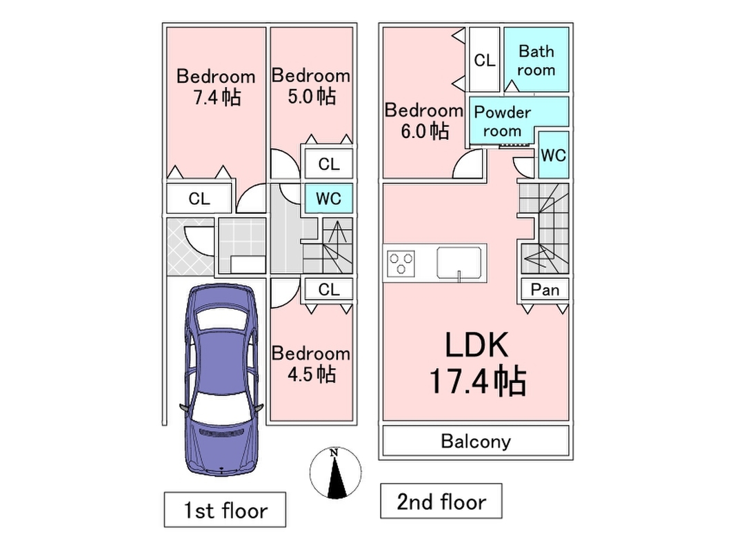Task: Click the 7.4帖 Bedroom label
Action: (x=215, y=87)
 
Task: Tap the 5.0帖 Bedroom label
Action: (x=310, y=86)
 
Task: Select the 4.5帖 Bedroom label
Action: (x=310, y=364)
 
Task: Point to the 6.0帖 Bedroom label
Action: (x=423, y=120)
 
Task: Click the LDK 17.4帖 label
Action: (x=477, y=362)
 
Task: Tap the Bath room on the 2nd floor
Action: (x=536, y=60)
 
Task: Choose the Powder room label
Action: (x=503, y=121)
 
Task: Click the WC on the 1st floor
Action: (x=329, y=199)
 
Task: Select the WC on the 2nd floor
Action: (x=553, y=155)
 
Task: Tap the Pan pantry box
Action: (x=545, y=290)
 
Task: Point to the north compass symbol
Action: (x=334, y=473)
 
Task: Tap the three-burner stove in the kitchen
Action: (x=402, y=262)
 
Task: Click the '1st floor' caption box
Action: (x=225, y=511)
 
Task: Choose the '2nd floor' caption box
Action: (x=441, y=502)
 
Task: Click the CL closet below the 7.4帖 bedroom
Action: (x=199, y=199)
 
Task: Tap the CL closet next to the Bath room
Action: (x=484, y=61)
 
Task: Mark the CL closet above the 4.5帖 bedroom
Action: (x=329, y=289)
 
